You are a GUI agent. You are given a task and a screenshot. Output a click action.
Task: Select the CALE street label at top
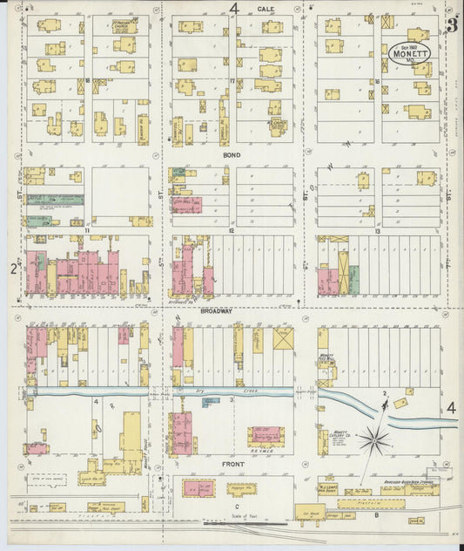coord(266,8)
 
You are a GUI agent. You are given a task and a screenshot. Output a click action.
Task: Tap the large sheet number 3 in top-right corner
coord(452,25)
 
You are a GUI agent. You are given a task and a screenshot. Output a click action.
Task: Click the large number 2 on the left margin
coord(14,269)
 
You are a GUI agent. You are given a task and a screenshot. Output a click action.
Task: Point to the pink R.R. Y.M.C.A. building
coord(267,436)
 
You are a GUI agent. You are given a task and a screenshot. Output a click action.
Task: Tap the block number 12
coord(232,231)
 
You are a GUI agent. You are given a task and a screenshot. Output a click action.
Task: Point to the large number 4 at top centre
coord(233,9)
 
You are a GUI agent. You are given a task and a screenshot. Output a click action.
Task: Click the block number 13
coord(377,231)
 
